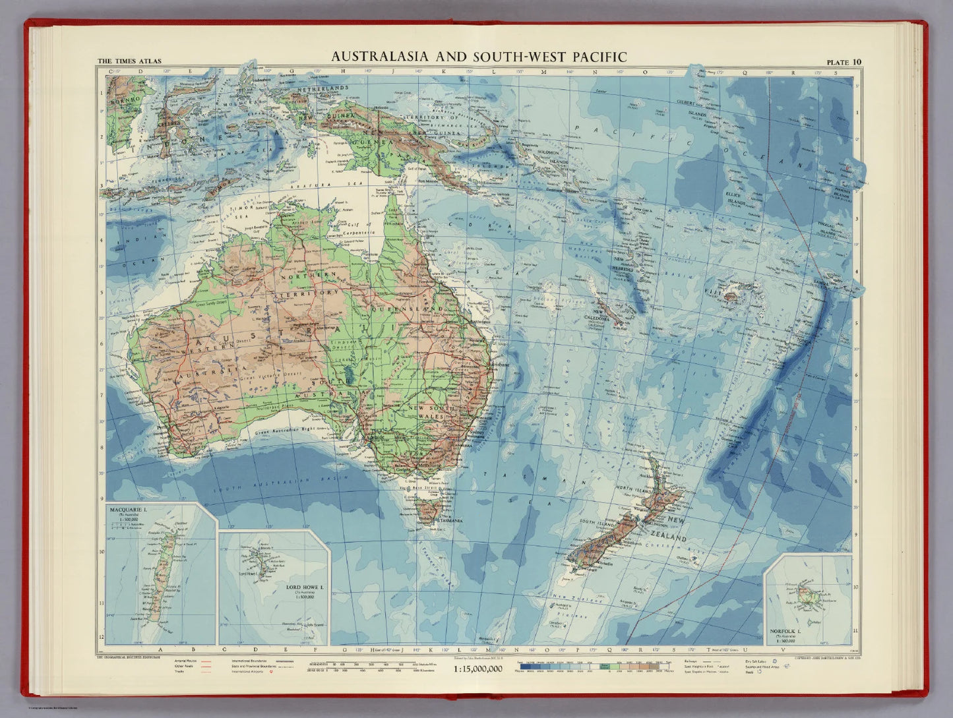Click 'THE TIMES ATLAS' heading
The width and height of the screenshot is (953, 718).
(129, 62)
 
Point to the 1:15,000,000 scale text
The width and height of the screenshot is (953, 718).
(478, 669)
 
